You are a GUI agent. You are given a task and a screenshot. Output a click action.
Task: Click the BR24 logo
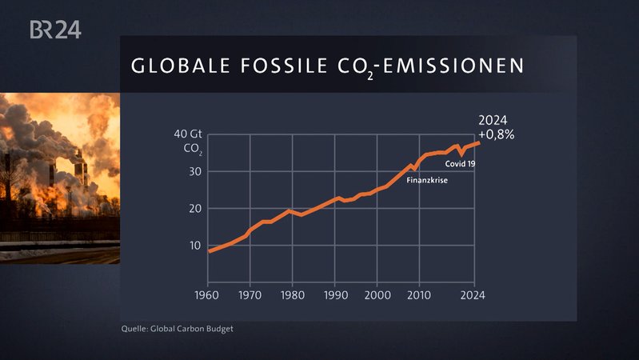(x=55, y=30)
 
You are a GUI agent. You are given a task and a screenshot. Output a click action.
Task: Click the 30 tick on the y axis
(x=194, y=172)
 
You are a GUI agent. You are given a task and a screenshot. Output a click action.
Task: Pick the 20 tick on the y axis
(x=194, y=208)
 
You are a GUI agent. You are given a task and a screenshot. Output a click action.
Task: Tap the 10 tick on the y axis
(x=194, y=245)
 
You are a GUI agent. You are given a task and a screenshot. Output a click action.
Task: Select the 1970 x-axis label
(x=251, y=295)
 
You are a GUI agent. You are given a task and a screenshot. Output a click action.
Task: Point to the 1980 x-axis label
(x=293, y=295)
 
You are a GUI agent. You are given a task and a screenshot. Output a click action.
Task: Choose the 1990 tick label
(x=335, y=295)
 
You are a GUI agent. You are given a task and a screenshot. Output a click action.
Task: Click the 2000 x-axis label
(x=377, y=295)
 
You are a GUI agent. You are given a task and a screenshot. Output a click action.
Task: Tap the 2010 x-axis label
(x=418, y=295)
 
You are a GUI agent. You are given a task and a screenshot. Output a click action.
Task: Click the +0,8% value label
(x=497, y=134)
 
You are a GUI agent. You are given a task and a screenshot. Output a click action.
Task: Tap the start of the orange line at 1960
(x=210, y=251)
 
